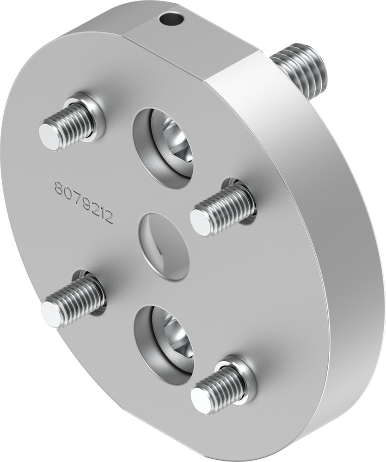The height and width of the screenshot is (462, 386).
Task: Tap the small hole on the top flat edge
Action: (x=172, y=19)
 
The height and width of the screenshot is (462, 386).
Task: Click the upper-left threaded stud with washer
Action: (x=69, y=124)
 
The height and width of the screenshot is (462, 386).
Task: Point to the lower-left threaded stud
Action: (x=74, y=300)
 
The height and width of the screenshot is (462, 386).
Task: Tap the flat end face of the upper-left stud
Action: (x=50, y=136)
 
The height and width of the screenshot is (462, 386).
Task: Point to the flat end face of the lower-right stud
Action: (x=202, y=400)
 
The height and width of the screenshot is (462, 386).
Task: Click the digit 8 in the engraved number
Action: (x=59, y=188)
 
